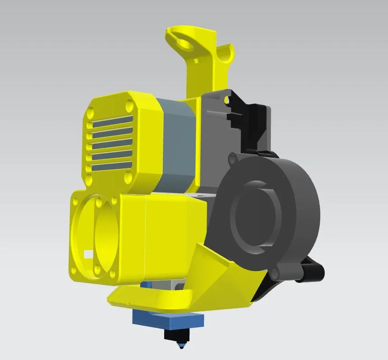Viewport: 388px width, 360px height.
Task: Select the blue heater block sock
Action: coord(168,320)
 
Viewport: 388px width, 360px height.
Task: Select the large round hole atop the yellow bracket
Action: coord(185,44)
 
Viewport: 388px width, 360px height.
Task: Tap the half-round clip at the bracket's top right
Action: coord(226,54)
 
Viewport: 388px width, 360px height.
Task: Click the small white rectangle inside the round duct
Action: coord(87,254)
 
